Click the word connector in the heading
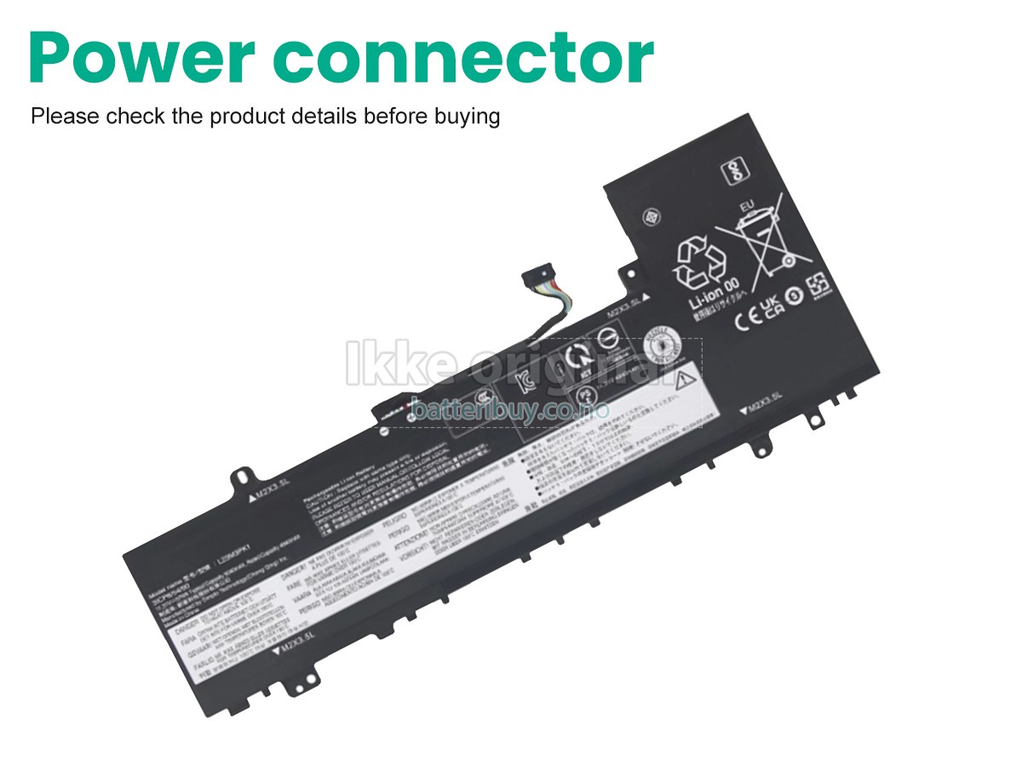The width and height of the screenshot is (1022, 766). [464, 57]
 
